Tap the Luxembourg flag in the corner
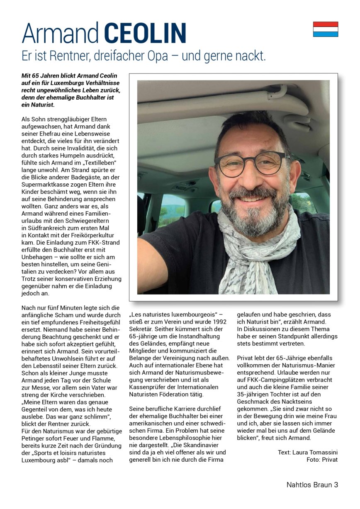325,29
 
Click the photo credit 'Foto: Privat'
322,460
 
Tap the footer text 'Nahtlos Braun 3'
312,485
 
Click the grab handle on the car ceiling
274,93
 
